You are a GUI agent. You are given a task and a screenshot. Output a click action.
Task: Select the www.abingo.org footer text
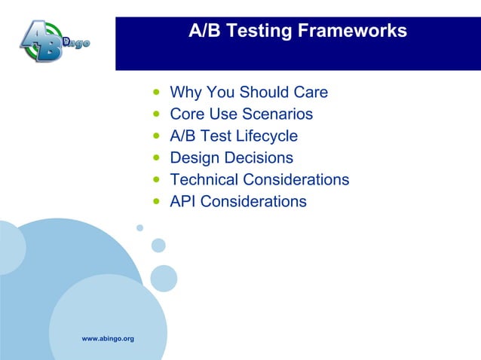point(108,339)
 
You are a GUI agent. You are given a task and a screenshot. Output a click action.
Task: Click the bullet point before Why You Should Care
point(156,93)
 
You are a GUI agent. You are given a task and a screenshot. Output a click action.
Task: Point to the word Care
point(310,93)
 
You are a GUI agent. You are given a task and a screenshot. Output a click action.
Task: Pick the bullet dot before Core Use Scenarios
point(156,115)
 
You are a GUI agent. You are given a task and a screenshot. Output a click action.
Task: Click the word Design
point(193,158)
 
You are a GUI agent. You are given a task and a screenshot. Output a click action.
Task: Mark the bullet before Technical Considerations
point(156,181)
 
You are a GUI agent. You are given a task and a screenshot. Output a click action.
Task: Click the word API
point(183,202)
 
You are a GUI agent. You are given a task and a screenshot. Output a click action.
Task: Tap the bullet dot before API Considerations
point(156,203)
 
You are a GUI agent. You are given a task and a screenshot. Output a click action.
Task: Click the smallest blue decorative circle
point(139,227)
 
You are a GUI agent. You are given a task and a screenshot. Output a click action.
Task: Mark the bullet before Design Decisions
point(156,159)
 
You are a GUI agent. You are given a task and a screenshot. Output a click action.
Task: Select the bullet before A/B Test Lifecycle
point(156,137)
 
